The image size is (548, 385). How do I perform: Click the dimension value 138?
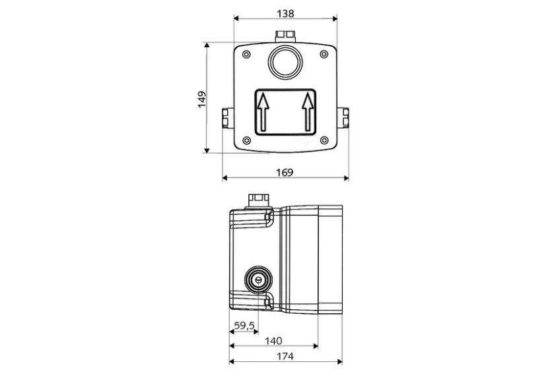(285, 13)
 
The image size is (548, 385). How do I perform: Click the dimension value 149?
(202, 99)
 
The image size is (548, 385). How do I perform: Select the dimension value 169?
(284, 172)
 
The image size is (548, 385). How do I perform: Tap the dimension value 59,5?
(244, 325)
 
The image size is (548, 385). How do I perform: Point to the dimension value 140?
(273, 341)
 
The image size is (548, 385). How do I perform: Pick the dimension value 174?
(285, 357)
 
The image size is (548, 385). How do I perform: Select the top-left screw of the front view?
(246, 54)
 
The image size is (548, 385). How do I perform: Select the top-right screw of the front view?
(324, 54)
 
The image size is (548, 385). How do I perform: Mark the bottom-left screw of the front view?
(246, 139)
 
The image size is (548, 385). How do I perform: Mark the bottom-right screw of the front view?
(324, 139)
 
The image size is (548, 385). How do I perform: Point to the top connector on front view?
(285, 35)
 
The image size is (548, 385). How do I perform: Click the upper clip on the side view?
(267, 216)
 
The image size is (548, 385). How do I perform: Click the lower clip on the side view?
(267, 303)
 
